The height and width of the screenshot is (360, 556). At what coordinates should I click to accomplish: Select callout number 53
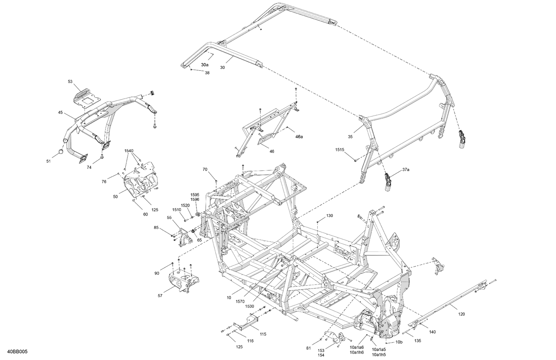[70, 81]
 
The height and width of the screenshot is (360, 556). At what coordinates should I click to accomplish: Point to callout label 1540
[129, 151]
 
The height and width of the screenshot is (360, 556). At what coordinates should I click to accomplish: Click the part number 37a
[406, 170]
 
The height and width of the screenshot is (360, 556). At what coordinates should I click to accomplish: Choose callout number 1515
[340, 150]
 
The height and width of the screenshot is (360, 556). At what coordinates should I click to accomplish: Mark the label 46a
[299, 137]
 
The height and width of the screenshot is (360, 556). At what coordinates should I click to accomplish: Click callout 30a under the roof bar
[205, 64]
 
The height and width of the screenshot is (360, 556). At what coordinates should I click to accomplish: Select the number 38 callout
[207, 73]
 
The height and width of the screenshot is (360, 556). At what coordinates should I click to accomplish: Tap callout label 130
[330, 216]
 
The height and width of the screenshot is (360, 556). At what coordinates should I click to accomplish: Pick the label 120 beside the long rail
[461, 314]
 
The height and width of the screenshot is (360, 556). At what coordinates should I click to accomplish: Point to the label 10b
[399, 342]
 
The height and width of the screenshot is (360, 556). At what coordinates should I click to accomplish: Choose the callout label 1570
[240, 302]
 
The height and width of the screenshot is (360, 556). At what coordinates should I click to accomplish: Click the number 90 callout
[157, 273]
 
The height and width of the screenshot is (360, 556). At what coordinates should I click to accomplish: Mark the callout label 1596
[195, 199]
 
